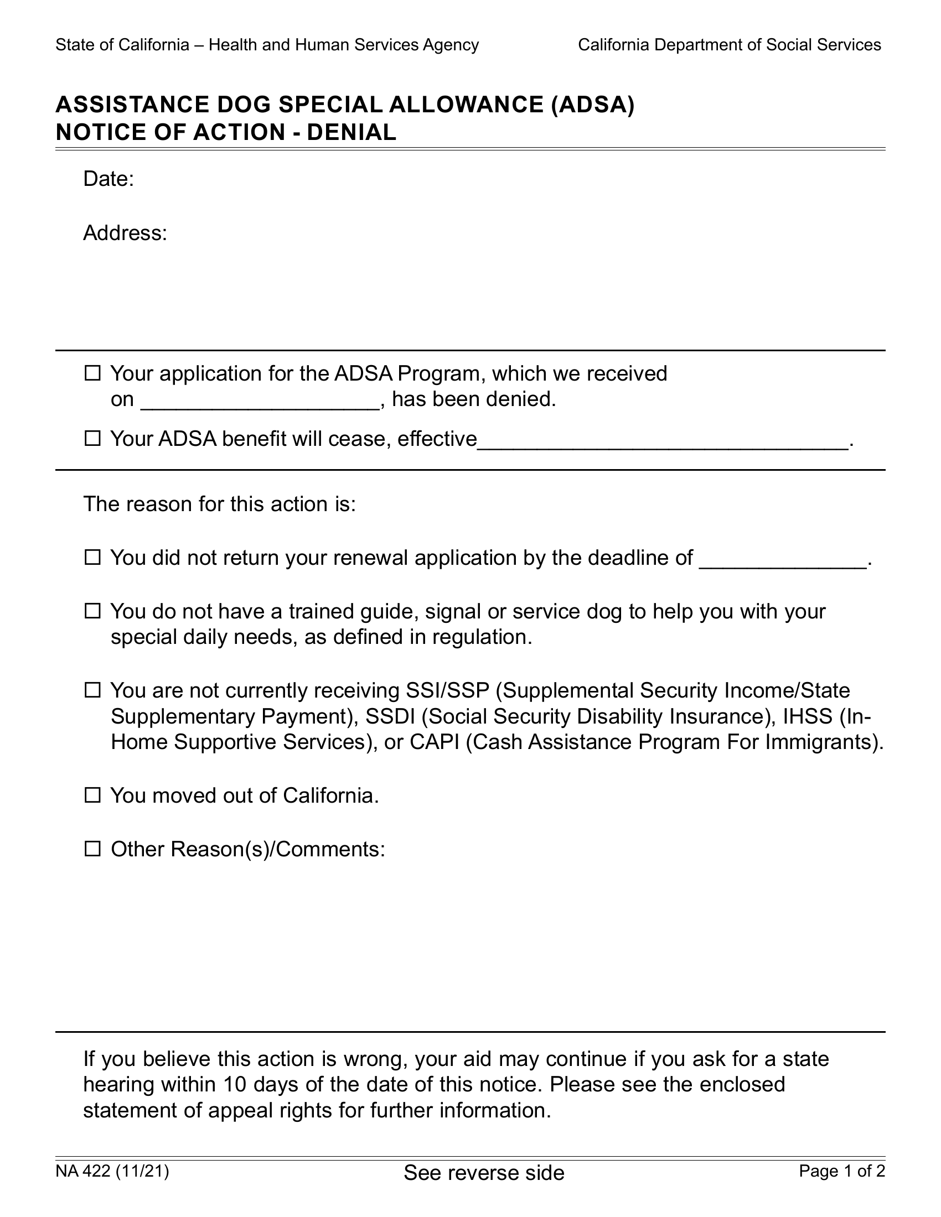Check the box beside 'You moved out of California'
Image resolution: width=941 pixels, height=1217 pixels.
(92, 795)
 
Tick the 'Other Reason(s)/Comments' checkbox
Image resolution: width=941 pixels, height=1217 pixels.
(92, 849)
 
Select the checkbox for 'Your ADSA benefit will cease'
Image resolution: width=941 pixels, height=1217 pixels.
(92, 439)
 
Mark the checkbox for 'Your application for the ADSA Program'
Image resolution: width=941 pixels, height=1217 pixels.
(92, 373)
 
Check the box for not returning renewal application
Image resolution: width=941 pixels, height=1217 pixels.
(92, 557)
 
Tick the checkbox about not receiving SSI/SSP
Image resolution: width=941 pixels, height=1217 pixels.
(92, 690)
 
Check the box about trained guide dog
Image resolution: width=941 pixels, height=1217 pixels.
(92, 611)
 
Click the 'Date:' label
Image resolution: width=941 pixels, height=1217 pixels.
(108, 179)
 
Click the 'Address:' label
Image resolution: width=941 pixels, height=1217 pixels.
(125, 233)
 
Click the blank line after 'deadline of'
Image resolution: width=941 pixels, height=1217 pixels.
(783, 564)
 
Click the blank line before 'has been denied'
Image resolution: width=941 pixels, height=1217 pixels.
(260, 405)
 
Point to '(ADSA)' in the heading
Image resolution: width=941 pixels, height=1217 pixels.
(593, 105)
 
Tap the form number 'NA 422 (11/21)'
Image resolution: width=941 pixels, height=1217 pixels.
(112, 1171)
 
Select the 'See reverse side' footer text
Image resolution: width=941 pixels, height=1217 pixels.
(484, 1172)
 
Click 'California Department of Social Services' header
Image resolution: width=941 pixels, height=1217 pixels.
(729, 45)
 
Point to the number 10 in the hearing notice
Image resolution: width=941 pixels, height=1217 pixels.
(234, 1084)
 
